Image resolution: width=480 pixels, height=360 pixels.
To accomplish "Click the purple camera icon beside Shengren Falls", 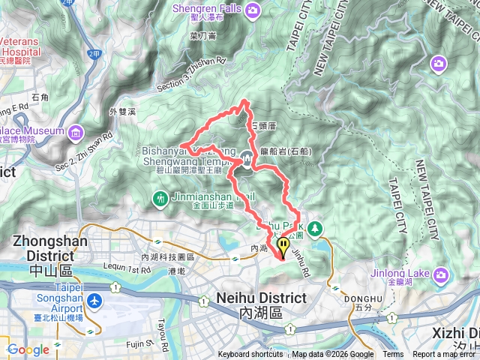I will pos(253,10).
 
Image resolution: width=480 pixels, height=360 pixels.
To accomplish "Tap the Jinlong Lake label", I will pos(401,273).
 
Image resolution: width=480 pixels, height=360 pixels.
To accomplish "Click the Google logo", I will pos(28,349).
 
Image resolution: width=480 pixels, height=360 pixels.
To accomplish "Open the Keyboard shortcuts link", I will pos(250,355).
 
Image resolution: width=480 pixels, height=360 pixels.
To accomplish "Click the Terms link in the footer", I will pos(393,355).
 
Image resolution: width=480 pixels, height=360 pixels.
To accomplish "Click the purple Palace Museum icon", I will pos(76,133).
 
